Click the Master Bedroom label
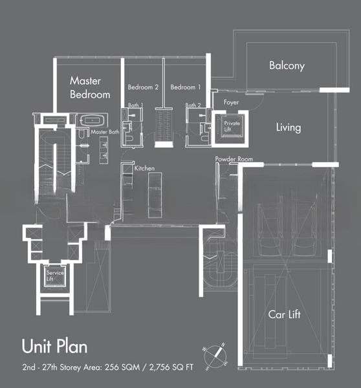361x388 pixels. [90, 87]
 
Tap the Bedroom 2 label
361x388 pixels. [143, 87]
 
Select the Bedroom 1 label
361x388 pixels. [186, 87]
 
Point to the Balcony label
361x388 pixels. [287, 66]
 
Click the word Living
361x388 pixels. [289, 127]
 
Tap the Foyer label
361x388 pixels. [231, 102]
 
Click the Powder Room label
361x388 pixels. [234, 159]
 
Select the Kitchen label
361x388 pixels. [144, 168]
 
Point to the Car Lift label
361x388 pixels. [284, 314]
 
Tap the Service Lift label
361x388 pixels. [55, 276]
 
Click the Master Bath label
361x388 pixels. [105, 132]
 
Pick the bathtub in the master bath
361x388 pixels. [92, 121]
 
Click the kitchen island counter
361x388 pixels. [155, 195]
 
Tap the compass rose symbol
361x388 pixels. [215, 356]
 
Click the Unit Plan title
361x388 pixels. [55, 346]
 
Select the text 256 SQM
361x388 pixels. [122, 367]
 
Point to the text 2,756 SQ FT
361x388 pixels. [171, 367]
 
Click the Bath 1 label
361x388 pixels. [136, 105]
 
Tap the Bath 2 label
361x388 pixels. [193, 105]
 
